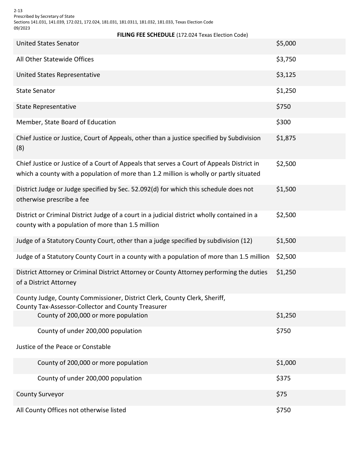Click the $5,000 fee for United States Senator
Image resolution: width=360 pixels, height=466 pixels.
click(286, 44)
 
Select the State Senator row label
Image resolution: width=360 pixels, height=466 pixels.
click(36, 91)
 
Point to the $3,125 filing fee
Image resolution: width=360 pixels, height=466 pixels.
click(286, 75)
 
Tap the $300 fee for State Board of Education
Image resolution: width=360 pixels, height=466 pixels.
click(283, 122)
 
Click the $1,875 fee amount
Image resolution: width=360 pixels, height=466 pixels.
click(286, 138)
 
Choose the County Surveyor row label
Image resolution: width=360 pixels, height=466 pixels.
click(40, 394)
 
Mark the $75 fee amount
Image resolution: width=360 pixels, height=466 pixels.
click(282, 394)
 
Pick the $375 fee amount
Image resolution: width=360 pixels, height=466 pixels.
click(283, 378)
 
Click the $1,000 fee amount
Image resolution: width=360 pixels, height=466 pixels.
click(286, 363)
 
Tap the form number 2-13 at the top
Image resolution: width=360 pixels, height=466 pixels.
click(18, 11)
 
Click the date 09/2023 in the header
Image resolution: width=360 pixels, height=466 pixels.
click(22, 28)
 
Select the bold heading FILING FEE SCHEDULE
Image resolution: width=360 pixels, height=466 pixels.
click(146, 35)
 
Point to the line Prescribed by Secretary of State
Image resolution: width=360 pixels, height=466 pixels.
click(44, 17)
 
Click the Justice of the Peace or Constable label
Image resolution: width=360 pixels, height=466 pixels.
click(63, 347)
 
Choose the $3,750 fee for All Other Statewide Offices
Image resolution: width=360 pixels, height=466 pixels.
click(286, 59)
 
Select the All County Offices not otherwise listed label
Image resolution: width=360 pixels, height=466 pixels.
click(71, 410)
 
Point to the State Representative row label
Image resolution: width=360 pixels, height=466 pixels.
click(46, 107)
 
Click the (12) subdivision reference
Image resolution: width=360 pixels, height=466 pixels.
click(246, 241)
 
